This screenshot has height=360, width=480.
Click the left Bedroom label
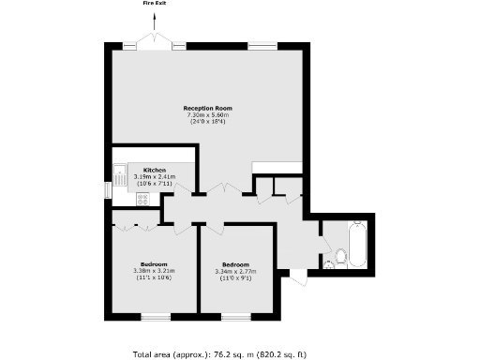pos(154,264)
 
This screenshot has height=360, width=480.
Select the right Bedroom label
pos(235,264)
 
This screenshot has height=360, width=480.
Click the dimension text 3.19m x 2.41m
pos(154,176)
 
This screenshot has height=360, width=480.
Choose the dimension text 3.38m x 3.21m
pos(154,271)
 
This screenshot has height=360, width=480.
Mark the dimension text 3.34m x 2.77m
pos(235,271)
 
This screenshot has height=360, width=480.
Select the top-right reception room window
pos(262,45)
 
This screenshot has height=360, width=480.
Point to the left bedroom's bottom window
pos(154,314)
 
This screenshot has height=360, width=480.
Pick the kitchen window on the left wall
pos(109,190)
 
